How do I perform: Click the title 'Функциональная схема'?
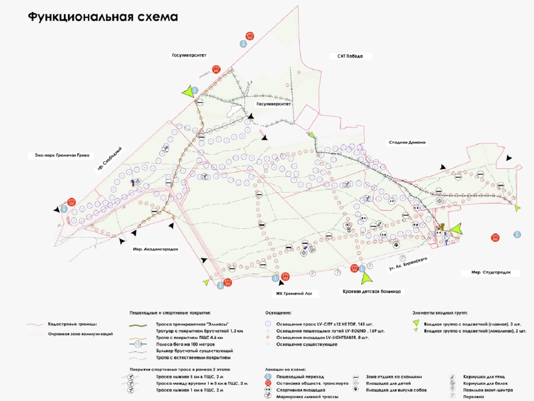pyautogui.click(x=103, y=17)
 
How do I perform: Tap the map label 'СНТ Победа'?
pyautogui.click(x=350, y=56)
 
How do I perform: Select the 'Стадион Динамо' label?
pyautogui.click(x=407, y=143)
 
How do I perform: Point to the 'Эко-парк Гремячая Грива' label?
pyautogui.click(x=62, y=155)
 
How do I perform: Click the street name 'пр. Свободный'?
pyautogui.click(x=109, y=160)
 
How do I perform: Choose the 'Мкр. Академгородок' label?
pyautogui.click(x=156, y=249)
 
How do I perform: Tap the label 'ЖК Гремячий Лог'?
pyautogui.click(x=294, y=293)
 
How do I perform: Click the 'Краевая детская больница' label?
pyautogui.click(x=372, y=291)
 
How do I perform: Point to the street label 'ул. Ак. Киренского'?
pyautogui.click(x=408, y=264)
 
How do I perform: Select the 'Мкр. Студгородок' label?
pyautogui.click(x=491, y=273)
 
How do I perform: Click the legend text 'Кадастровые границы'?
pyautogui.click(x=72, y=324)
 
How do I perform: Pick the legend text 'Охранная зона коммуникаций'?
pyautogui.click(x=80, y=334)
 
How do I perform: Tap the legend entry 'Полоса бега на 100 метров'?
pyautogui.click(x=185, y=344)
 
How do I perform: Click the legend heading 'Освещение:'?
pyautogui.click(x=278, y=313)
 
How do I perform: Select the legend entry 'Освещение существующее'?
pyautogui.click(x=307, y=344)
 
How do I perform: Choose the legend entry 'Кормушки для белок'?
pyautogui.click(x=485, y=383)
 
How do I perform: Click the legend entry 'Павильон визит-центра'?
pyautogui.click(x=488, y=390)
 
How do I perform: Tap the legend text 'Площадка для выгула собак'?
pyautogui.click(x=396, y=390)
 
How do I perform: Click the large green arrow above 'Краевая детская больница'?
pyautogui.click(x=368, y=278)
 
